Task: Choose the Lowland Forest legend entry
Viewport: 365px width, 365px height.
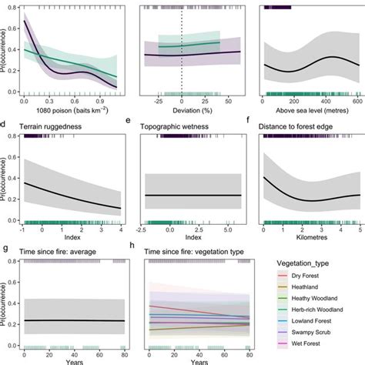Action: [x=307, y=324]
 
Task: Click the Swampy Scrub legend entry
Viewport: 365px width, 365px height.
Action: [x=306, y=336]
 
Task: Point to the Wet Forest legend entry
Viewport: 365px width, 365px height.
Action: [x=302, y=347]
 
